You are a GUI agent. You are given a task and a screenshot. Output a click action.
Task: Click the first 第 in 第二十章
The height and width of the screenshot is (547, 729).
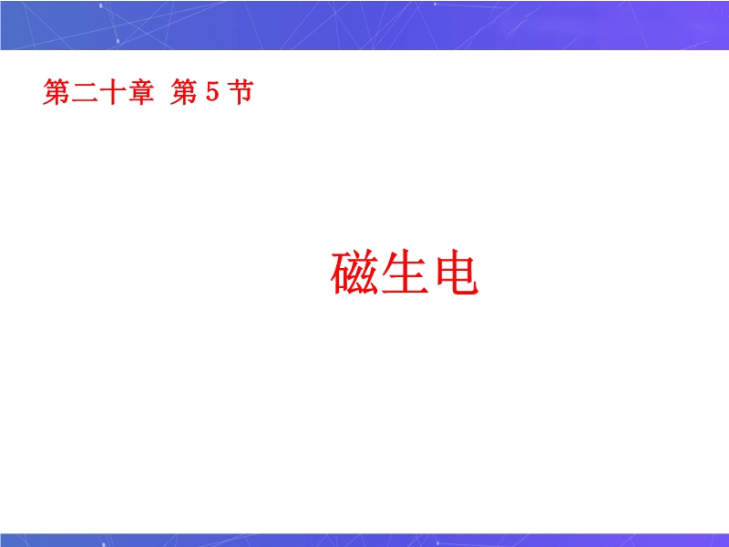[x=56, y=92]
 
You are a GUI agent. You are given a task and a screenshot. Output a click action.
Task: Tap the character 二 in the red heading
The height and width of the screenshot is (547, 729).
[x=85, y=92]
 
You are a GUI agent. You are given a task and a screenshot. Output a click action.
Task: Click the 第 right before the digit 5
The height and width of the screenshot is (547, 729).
[x=184, y=92]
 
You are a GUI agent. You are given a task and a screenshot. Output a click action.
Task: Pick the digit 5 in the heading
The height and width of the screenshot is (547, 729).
[x=212, y=91]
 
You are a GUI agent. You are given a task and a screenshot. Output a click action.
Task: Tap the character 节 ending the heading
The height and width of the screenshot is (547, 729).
[x=241, y=92]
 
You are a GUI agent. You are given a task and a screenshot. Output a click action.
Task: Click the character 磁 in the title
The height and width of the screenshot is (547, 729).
[x=354, y=272]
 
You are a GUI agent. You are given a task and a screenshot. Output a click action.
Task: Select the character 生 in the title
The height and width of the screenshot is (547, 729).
[x=405, y=272]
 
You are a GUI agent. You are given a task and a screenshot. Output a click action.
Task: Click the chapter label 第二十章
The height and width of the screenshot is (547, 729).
[x=98, y=92]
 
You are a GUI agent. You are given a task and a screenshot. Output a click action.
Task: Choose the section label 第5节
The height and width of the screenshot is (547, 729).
[x=212, y=92]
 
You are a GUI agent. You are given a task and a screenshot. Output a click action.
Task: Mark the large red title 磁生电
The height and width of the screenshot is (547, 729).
[x=405, y=272]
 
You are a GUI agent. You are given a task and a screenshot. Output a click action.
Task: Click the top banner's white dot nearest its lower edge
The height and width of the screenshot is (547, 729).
[x=118, y=41]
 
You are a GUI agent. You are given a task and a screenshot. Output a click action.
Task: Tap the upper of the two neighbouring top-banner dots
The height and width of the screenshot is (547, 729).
[x=101, y=6]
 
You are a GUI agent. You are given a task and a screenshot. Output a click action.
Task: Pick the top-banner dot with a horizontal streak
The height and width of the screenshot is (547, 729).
[x=436, y=5]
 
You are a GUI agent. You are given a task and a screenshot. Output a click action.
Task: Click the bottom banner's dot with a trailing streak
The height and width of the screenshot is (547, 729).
[x=437, y=542]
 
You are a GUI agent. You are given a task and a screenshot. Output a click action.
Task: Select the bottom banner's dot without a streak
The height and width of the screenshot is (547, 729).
[x=103, y=543]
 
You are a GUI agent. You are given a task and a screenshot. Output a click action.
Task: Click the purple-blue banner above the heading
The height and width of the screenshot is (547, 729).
[x=364, y=25]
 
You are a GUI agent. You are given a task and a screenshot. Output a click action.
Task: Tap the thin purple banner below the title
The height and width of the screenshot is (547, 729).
[x=364, y=540]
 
